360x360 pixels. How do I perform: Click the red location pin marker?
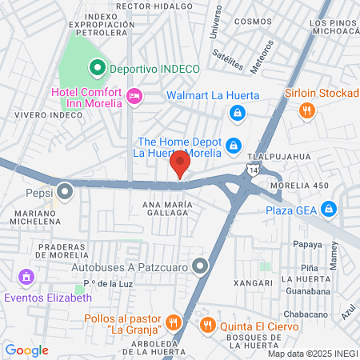click(180, 165)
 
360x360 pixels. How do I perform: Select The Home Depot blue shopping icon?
click(233, 145)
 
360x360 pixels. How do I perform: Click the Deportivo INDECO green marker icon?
click(98, 68)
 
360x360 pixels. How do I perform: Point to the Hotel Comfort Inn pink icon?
click(134, 96)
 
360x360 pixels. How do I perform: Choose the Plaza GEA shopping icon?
click(328, 210)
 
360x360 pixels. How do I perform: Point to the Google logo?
click(26, 350)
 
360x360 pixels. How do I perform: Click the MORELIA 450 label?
click(300, 186)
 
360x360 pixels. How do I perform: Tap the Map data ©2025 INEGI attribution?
click(312, 354)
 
